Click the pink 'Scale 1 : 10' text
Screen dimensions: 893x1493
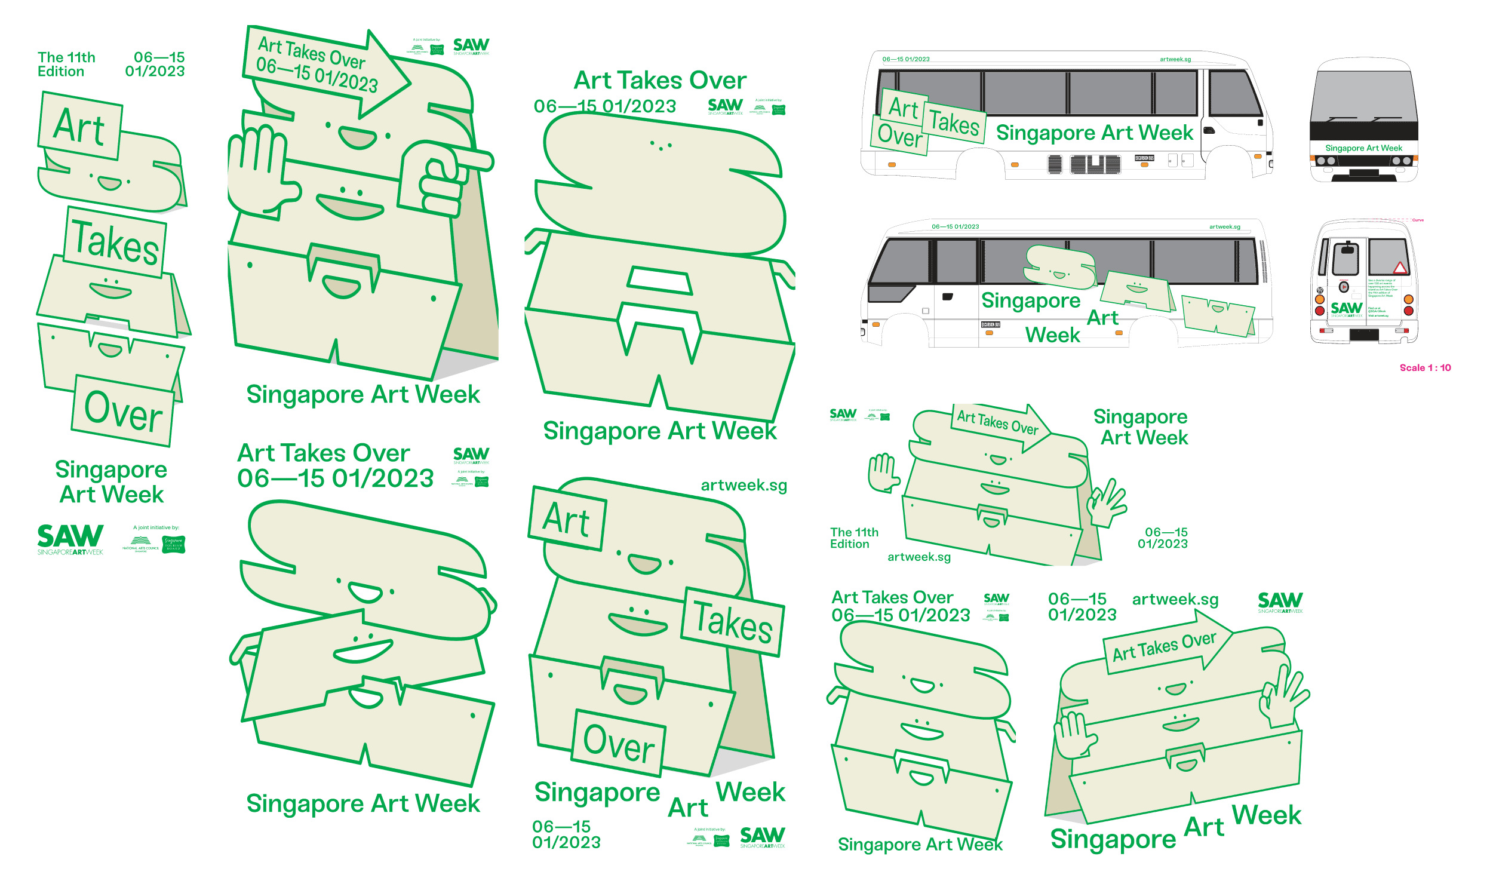point(1424,368)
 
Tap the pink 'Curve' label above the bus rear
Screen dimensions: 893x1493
point(1418,220)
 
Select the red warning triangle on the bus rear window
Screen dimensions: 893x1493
point(1400,268)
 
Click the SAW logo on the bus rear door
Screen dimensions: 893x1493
point(1346,309)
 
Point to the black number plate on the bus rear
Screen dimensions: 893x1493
point(1363,335)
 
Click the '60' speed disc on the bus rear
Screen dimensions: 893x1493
point(1320,290)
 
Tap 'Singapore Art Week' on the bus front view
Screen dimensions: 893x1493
point(1363,148)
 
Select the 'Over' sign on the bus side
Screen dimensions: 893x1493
point(899,135)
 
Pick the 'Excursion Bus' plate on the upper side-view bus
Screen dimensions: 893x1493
point(1144,158)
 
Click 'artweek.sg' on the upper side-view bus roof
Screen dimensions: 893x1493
point(1175,59)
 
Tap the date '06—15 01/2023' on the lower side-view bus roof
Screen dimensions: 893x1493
point(955,227)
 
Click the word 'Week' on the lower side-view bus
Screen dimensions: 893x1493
point(1052,335)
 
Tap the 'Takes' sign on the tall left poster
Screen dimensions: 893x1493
point(115,242)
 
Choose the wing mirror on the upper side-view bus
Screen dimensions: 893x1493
point(1210,130)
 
